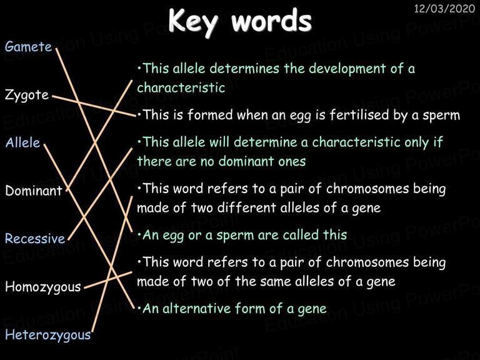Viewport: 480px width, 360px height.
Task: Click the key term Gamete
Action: pos(29,47)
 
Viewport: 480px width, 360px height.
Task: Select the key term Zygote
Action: pos(27,95)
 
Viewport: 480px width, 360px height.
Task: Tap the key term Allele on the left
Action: pos(22,142)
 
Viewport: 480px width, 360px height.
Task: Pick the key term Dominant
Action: pos(34,191)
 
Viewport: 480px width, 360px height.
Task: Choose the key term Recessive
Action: pos(35,239)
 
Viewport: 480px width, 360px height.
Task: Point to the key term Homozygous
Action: pos(43,287)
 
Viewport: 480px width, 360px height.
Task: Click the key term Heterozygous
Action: pos(48,335)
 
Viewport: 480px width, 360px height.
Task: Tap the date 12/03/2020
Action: pos(444,9)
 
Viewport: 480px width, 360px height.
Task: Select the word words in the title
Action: pos(271,21)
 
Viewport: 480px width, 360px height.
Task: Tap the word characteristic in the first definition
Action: pos(181,88)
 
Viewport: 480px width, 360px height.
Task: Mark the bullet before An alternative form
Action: pos(139,309)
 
